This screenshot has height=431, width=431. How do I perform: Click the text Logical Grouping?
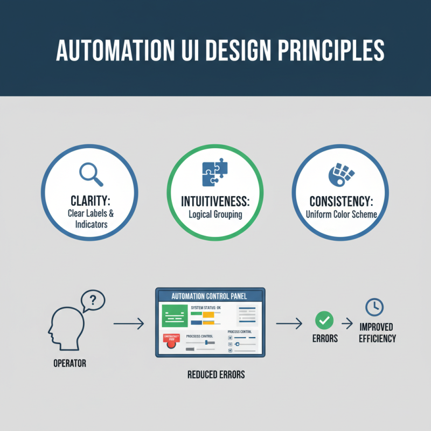click(214, 214)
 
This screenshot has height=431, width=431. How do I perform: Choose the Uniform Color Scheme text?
click(339, 214)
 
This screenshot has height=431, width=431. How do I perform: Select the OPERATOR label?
click(69, 364)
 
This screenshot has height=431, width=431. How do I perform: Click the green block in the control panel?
click(173, 316)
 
